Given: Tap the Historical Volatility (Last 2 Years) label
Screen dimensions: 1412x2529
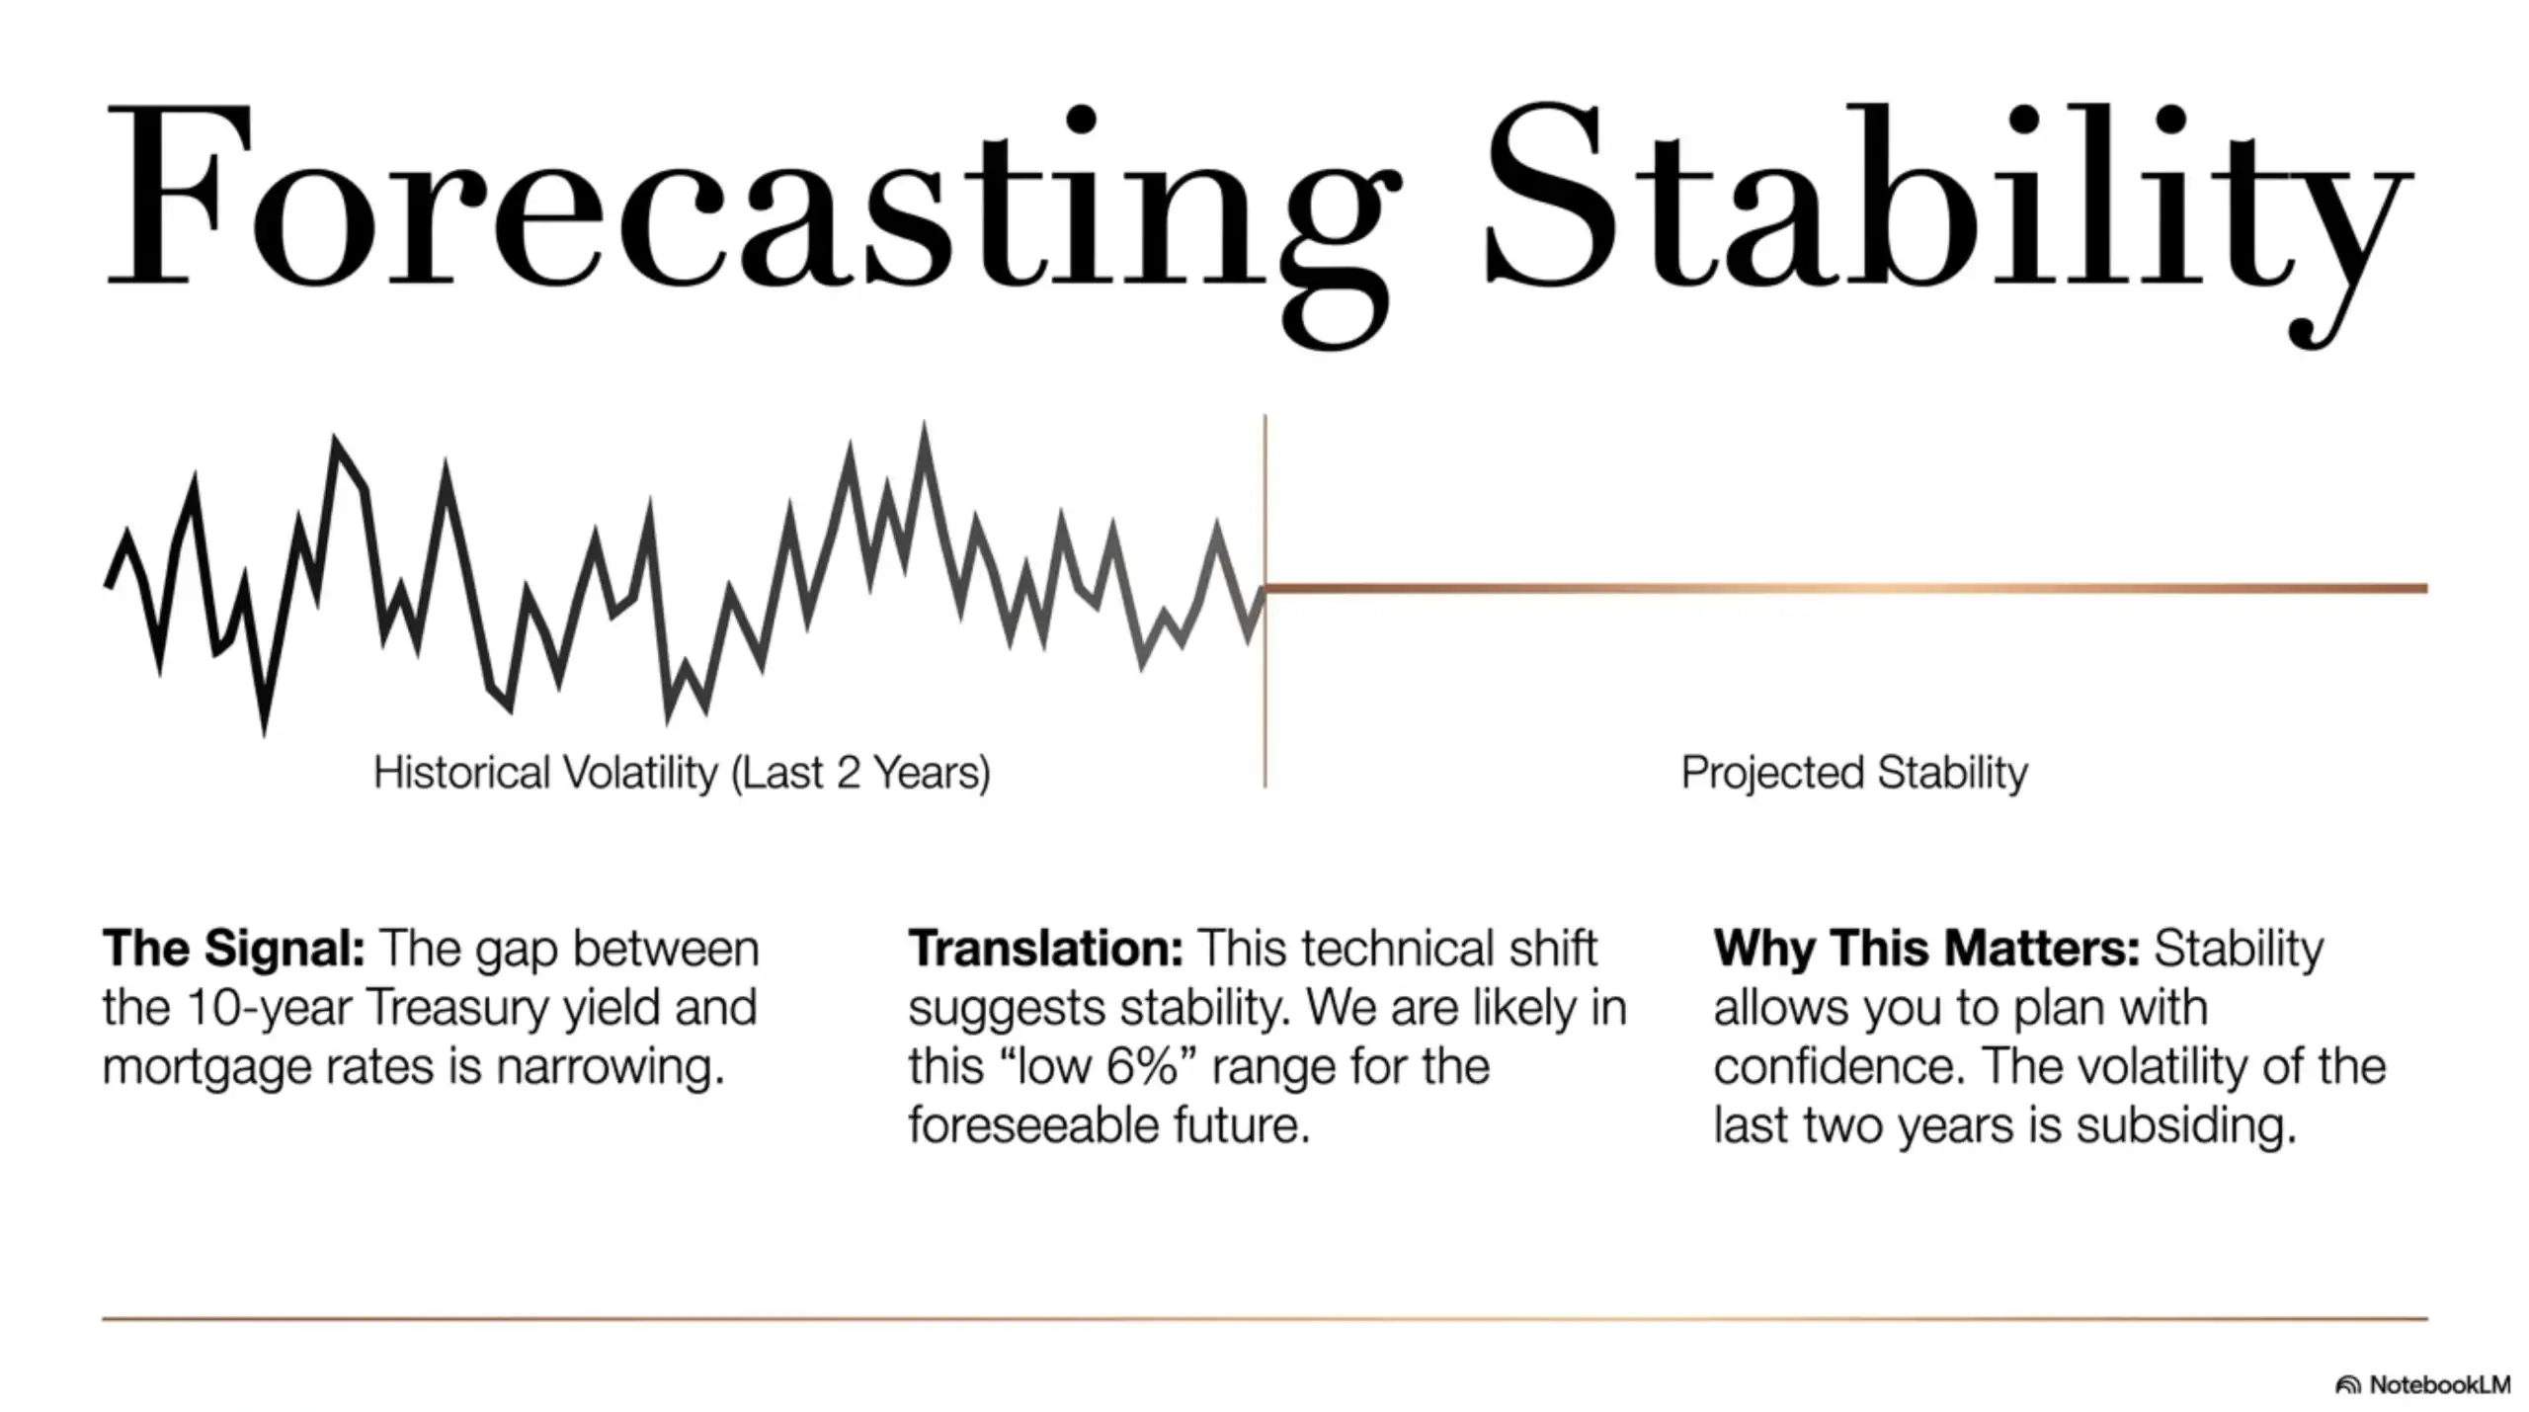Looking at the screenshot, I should (x=682, y=773).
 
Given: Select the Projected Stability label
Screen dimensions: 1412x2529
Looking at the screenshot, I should (x=1854, y=773).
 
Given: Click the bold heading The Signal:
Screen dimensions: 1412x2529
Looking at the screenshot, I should (x=234, y=949).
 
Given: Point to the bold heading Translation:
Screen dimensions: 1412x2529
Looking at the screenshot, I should (x=1045, y=949).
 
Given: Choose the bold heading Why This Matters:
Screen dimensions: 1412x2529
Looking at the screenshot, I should (x=1926, y=949).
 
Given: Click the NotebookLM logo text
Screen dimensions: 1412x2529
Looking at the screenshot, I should (x=2438, y=1385).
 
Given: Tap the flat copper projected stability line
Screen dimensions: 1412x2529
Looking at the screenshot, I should (x=1847, y=589).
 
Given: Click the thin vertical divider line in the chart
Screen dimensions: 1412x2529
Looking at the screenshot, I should (x=1264, y=692).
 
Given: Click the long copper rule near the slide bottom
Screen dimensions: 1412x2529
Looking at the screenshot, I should (x=1264, y=1318).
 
